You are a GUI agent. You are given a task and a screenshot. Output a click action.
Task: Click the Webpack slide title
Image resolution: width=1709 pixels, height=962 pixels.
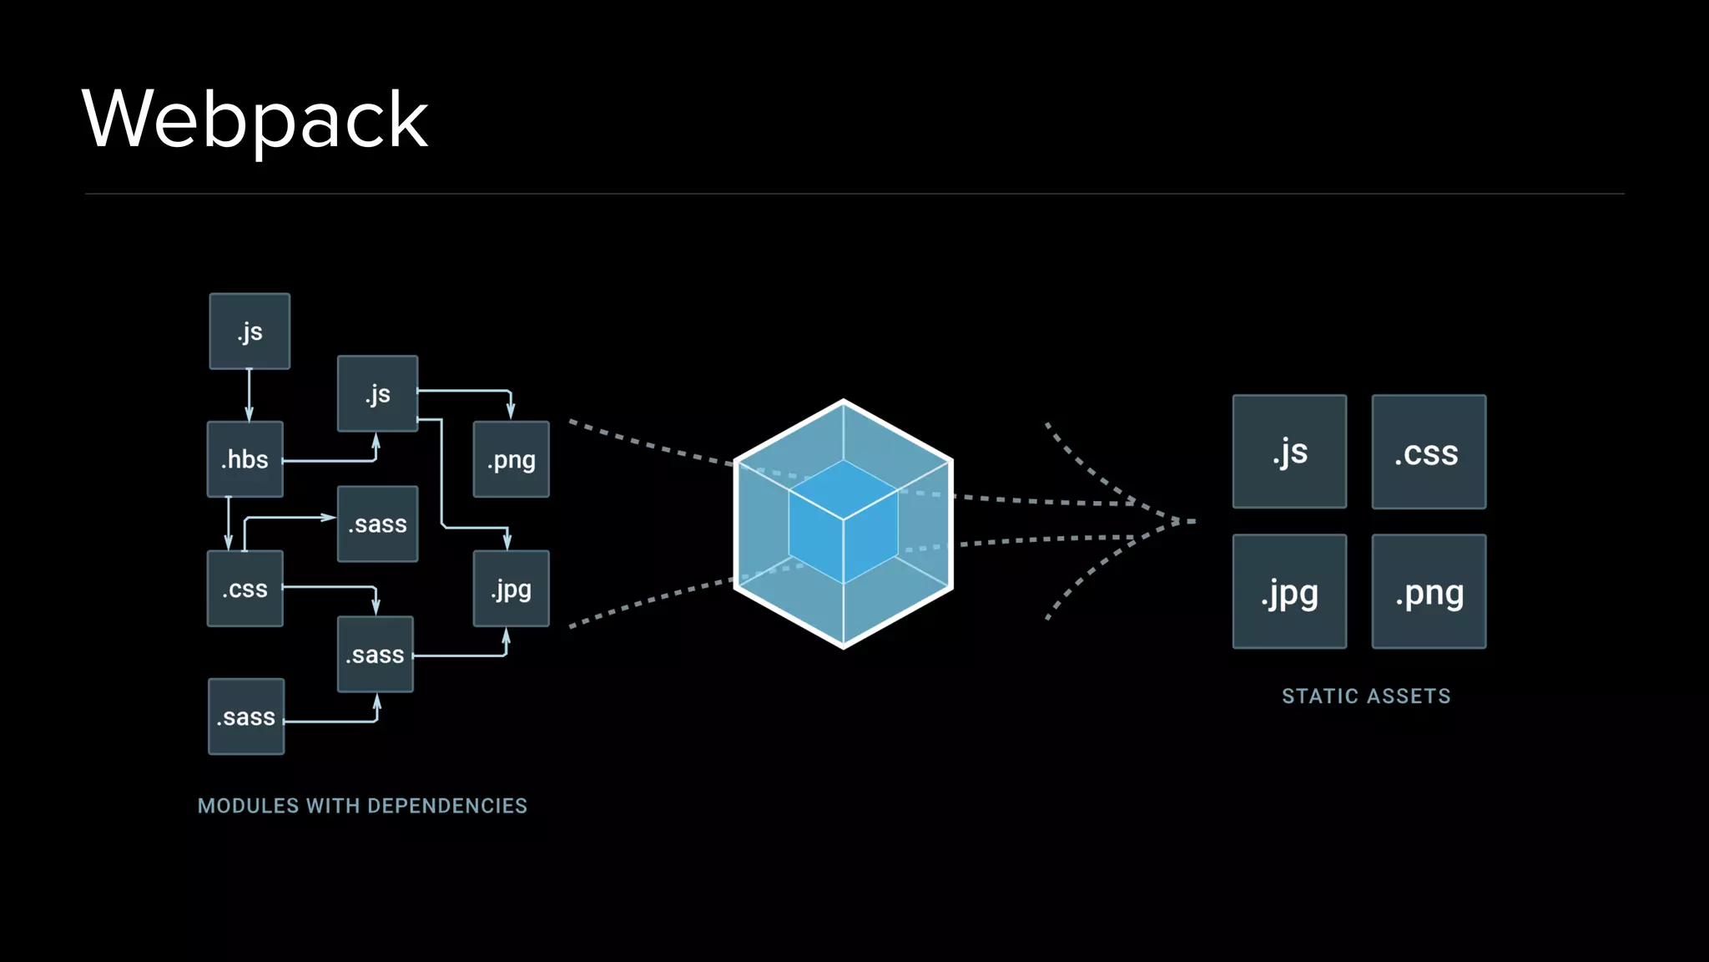(255, 119)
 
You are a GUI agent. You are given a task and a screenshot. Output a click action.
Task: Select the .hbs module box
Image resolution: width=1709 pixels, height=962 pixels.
(245, 459)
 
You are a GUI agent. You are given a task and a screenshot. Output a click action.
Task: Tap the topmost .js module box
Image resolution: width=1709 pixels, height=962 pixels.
(250, 332)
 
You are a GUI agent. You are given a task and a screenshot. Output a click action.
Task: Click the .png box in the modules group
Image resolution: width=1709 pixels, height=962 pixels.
(511, 459)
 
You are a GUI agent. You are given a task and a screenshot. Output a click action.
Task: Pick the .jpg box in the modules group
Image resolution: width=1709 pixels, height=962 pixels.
(511, 589)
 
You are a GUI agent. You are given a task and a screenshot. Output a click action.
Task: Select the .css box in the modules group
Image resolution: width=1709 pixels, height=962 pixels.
(245, 589)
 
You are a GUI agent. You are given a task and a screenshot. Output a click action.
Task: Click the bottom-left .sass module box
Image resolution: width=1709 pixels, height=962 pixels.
(246, 716)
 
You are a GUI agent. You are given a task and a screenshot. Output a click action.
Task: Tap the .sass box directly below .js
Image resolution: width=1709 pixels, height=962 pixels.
(377, 524)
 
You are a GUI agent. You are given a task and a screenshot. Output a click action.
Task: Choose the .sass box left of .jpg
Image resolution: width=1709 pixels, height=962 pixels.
(376, 654)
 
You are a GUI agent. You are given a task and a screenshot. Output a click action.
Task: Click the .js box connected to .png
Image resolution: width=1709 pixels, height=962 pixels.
(377, 393)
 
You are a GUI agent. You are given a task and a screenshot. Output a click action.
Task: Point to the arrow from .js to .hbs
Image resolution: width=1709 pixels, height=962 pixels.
(250, 395)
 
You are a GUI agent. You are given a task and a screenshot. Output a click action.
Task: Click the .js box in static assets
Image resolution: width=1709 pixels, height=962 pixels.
(1289, 452)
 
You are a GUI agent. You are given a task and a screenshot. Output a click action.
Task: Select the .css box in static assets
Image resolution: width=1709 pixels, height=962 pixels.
(1429, 452)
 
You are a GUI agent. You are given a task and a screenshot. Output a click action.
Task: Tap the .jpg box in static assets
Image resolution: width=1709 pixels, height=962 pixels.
(1289, 591)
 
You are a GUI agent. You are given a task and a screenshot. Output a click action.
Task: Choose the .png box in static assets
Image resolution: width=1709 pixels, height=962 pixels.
(1429, 591)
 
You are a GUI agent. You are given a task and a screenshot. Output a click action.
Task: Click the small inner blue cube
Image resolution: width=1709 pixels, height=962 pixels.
(843, 522)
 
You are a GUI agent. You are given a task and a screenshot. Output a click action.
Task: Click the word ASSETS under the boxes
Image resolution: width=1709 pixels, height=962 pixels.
(1408, 696)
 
